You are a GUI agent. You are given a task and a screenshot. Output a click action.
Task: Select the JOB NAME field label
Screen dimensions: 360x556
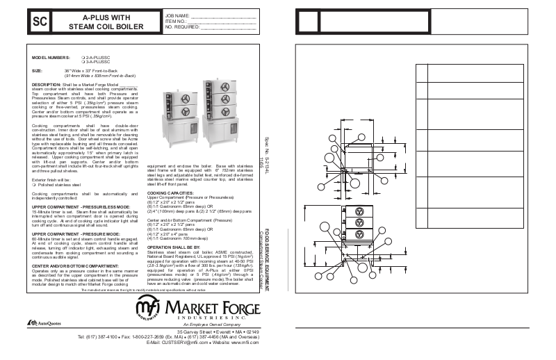pos(177,14)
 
